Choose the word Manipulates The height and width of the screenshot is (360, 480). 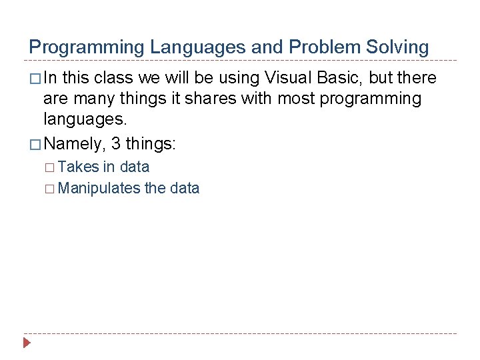point(99,188)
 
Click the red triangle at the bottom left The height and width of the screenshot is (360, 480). point(27,343)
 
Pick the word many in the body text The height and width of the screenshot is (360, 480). point(90,99)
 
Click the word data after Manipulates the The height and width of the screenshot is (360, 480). point(185,188)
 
